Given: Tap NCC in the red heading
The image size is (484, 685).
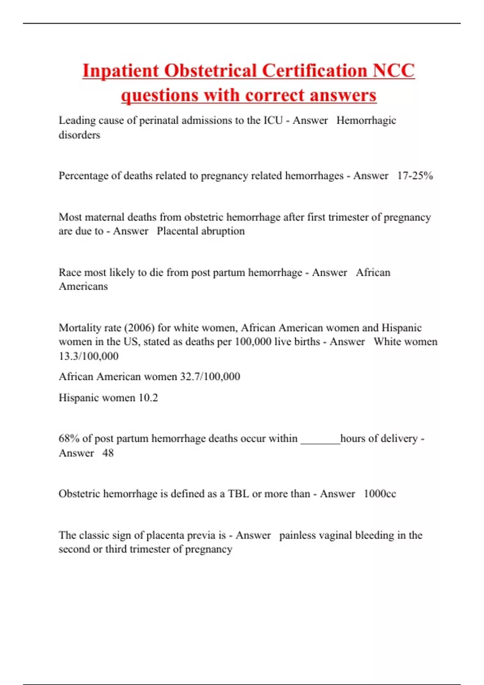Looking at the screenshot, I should pyautogui.click(x=393, y=71).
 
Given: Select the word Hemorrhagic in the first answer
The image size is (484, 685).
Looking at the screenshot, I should pyautogui.click(x=366, y=120).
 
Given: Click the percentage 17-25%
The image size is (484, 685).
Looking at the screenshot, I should pyautogui.click(x=415, y=176).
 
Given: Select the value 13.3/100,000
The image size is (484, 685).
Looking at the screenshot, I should pyautogui.click(x=88, y=356).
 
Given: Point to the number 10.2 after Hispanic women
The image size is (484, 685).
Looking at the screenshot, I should pyautogui.click(x=148, y=398).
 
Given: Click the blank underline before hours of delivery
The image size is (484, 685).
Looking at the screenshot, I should pyautogui.click(x=320, y=439).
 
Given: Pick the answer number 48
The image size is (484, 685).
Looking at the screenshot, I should pyautogui.click(x=108, y=453).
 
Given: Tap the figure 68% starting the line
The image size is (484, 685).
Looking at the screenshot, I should pyautogui.click(x=69, y=438).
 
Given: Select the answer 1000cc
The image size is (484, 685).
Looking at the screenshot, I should pyautogui.click(x=380, y=494).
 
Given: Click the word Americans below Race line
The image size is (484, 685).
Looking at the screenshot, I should pyautogui.click(x=83, y=286).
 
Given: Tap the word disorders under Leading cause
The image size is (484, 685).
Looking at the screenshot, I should pyautogui.click(x=79, y=135).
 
